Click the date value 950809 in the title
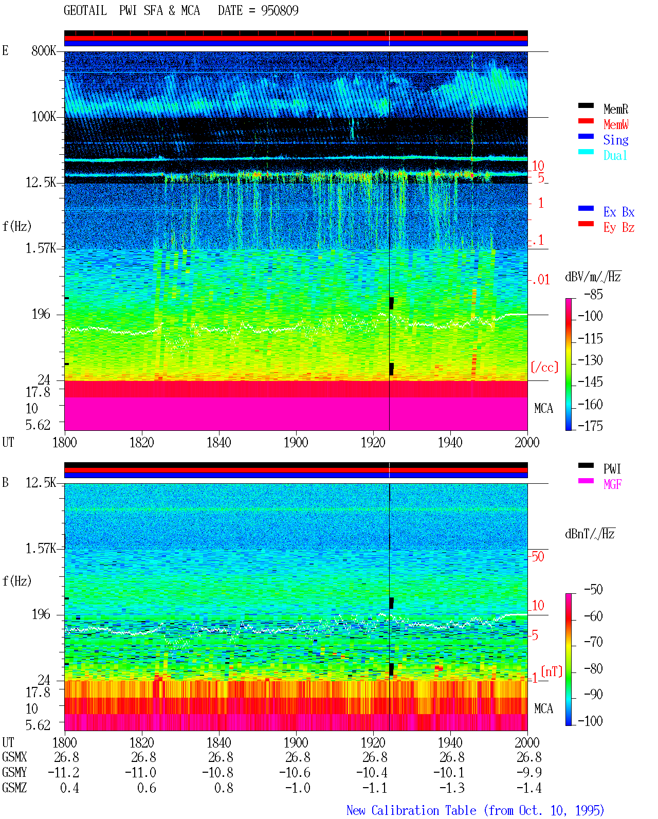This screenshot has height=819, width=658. [279, 10]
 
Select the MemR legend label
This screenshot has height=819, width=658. [615, 109]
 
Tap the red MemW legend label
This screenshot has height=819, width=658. [615, 124]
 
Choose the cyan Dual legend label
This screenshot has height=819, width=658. [615, 155]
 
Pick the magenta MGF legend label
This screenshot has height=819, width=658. [612, 484]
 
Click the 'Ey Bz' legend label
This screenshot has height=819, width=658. [618, 227]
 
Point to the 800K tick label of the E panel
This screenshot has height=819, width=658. [43, 50]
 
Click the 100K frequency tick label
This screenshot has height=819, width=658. [43, 117]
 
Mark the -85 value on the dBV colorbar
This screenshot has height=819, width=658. [593, 294]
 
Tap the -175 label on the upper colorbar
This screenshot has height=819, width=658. [590, 426]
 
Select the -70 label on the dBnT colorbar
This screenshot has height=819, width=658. [593, 642]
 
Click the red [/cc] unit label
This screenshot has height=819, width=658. [544, 367]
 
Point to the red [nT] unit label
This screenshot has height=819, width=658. [552, 671]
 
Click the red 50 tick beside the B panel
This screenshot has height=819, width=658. [538, 556]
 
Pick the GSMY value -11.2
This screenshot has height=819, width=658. [63, 772]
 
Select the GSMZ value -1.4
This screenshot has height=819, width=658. [528, 788]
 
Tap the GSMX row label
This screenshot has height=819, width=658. [14, 757]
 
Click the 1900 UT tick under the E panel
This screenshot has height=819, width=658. [296, 442]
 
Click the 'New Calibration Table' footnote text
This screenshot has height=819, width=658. [411, 810]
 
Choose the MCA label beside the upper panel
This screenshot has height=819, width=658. [543, 408]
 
